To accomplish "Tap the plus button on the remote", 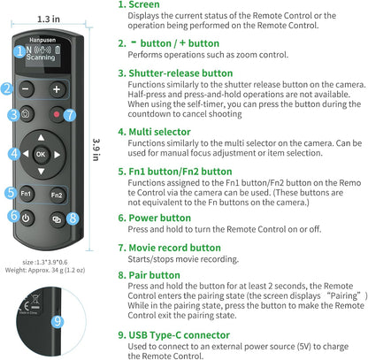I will point(57,89).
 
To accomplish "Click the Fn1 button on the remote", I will point(27,192).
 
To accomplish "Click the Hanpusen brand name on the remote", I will point(39,39).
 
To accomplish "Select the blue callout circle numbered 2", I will point(7,88).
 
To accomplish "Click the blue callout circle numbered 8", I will point(73,218).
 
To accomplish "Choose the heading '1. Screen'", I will point(143,5).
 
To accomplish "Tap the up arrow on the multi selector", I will point(42,136).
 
